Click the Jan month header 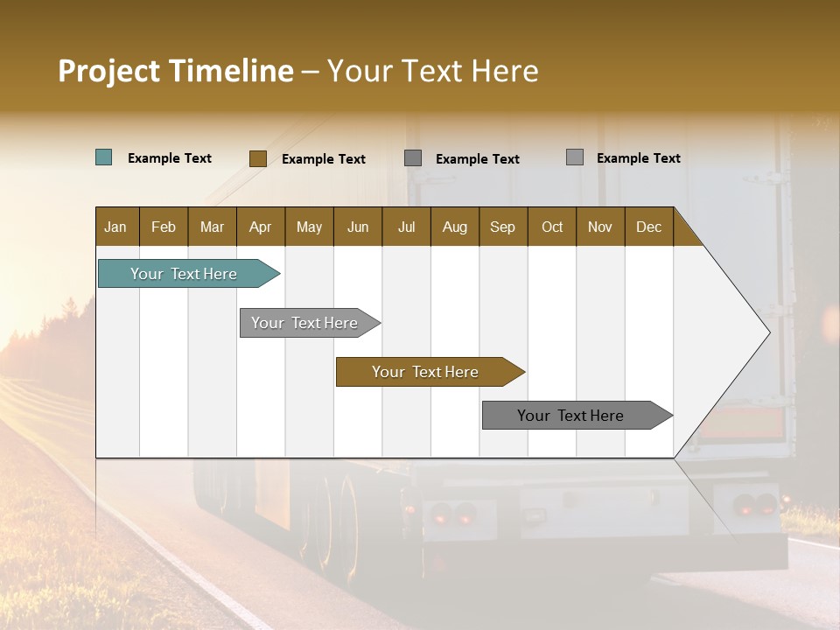click(115, 227)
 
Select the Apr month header click(260, 227)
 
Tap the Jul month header click(406, 227)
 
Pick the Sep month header click(502, 227)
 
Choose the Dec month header click(648, 227)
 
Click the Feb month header click(164, 227)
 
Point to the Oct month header click(552, 227)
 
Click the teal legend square click(104, 157)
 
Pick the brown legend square click(257, 158)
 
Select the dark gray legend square click(413, 158)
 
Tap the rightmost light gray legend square click(574, 157)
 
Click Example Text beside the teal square click(170, 158)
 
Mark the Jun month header click(358, 227)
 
